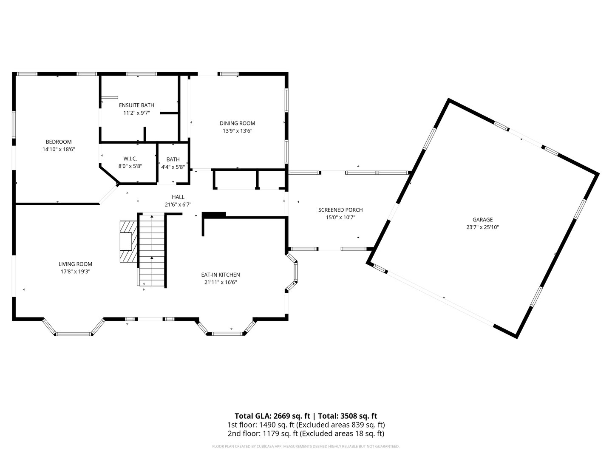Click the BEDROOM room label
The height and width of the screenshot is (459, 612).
(x=59, y=142)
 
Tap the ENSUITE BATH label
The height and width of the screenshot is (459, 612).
(x=136, y=105)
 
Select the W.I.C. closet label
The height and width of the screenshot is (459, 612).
(x=130, y=159)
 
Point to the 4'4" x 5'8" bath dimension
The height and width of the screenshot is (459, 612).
(x=173, y=167)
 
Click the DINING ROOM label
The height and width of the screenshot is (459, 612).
(x=237, y=124)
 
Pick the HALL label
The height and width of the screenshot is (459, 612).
(x=178, y=197)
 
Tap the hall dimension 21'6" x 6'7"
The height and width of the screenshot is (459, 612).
(x=178, y=204)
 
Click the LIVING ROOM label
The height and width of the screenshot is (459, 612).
(x=75, y=264)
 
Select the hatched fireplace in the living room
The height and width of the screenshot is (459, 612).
(x=127, y=242)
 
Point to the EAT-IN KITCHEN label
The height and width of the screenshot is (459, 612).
(x=220, y=275)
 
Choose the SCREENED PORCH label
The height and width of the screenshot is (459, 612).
(x=340, y=210)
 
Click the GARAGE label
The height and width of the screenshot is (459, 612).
(x=482, y=220)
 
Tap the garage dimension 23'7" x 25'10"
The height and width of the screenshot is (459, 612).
(x=482, y=227)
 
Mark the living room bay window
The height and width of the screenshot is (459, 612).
(x=74, y=331)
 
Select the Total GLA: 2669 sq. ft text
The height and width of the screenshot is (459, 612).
(x=272, y=416)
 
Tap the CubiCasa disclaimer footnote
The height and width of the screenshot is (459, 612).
(x=306, y=447)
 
